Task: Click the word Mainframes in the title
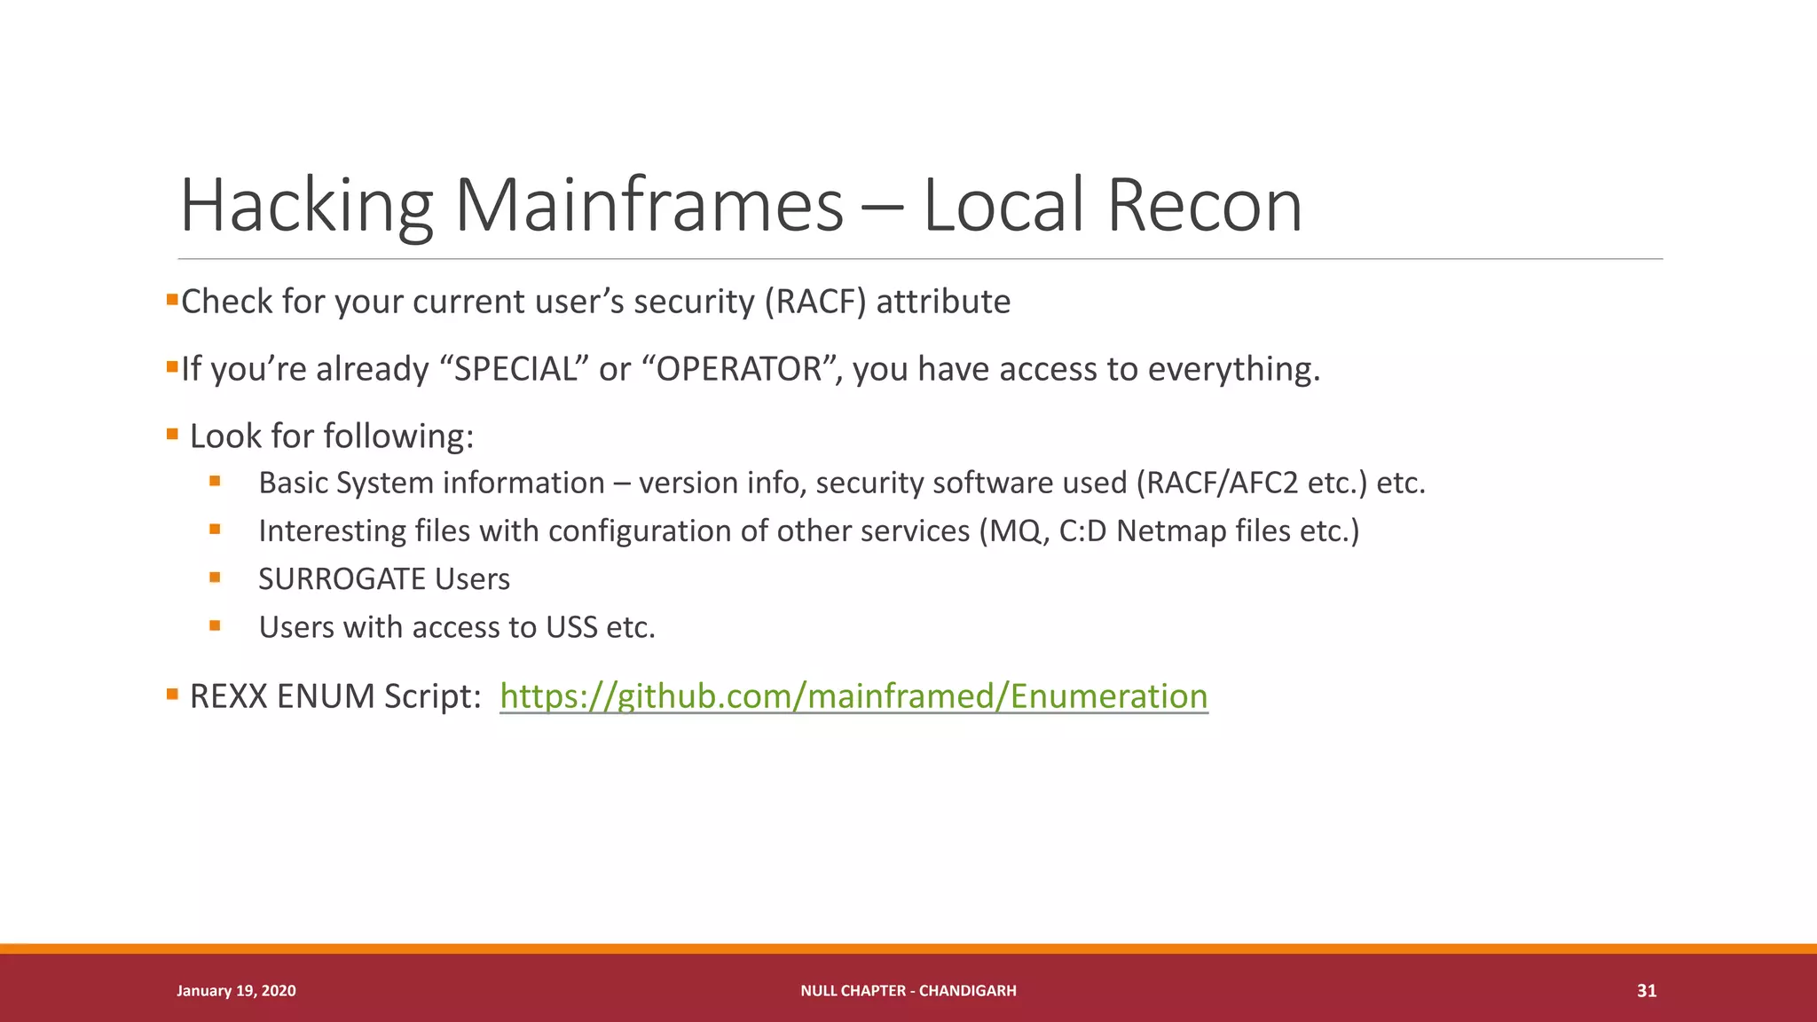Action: (649, 206)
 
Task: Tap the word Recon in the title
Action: (1204, 206)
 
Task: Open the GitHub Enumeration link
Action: (853, 696)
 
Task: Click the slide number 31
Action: (1646, 991)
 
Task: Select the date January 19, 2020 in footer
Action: (236, 991)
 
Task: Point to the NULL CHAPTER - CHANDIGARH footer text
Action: (908, 991)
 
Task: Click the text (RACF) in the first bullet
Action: (815, 302)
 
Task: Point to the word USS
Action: (571, 627)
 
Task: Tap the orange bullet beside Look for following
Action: (172, 435)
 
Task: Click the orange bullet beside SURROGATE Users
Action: (215, 578)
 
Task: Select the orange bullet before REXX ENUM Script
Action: (172, 694)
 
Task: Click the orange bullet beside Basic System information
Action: (215, 482)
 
